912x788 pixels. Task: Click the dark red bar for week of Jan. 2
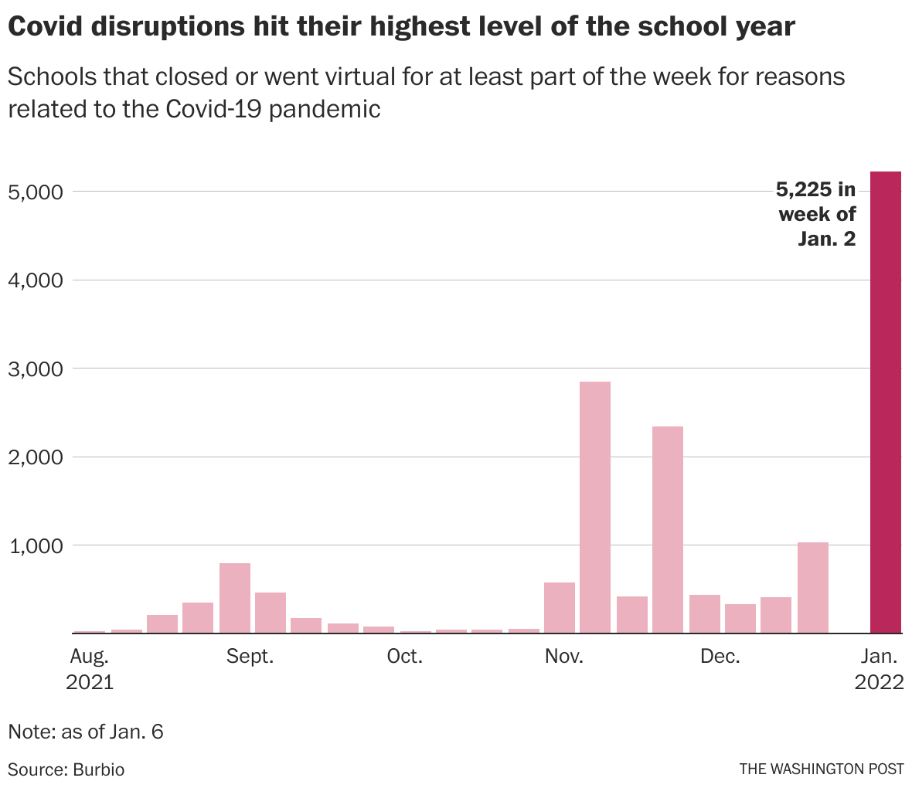(886, 402)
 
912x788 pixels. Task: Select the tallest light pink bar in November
(595, 507)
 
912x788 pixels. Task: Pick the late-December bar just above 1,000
(813, 587)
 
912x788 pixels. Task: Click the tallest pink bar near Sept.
(235, 598)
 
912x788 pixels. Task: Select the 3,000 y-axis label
(35, 369)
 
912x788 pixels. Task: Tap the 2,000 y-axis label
(35, 457)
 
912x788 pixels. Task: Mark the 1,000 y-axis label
(35, 545)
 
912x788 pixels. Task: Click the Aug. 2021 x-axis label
(90, 669)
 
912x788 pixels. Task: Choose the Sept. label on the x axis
(250, 657)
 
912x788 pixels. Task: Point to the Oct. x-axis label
(405, 657)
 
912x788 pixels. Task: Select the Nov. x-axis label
(564, 657)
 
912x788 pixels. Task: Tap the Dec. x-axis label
(720, 657)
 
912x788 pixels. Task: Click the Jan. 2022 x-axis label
(879, 669)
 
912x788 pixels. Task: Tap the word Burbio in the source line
(99, 769)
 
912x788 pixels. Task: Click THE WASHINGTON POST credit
(821, 769)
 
